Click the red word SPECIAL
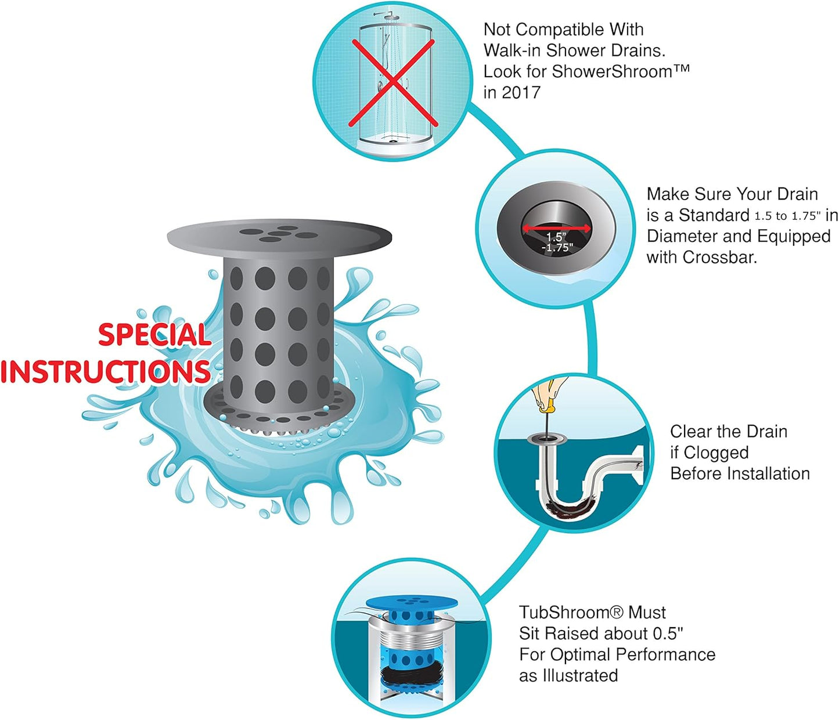154,335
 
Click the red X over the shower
393,83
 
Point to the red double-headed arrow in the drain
556,228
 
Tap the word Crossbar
719,257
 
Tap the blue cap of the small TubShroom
412,604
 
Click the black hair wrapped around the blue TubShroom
411,676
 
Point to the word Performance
665,654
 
